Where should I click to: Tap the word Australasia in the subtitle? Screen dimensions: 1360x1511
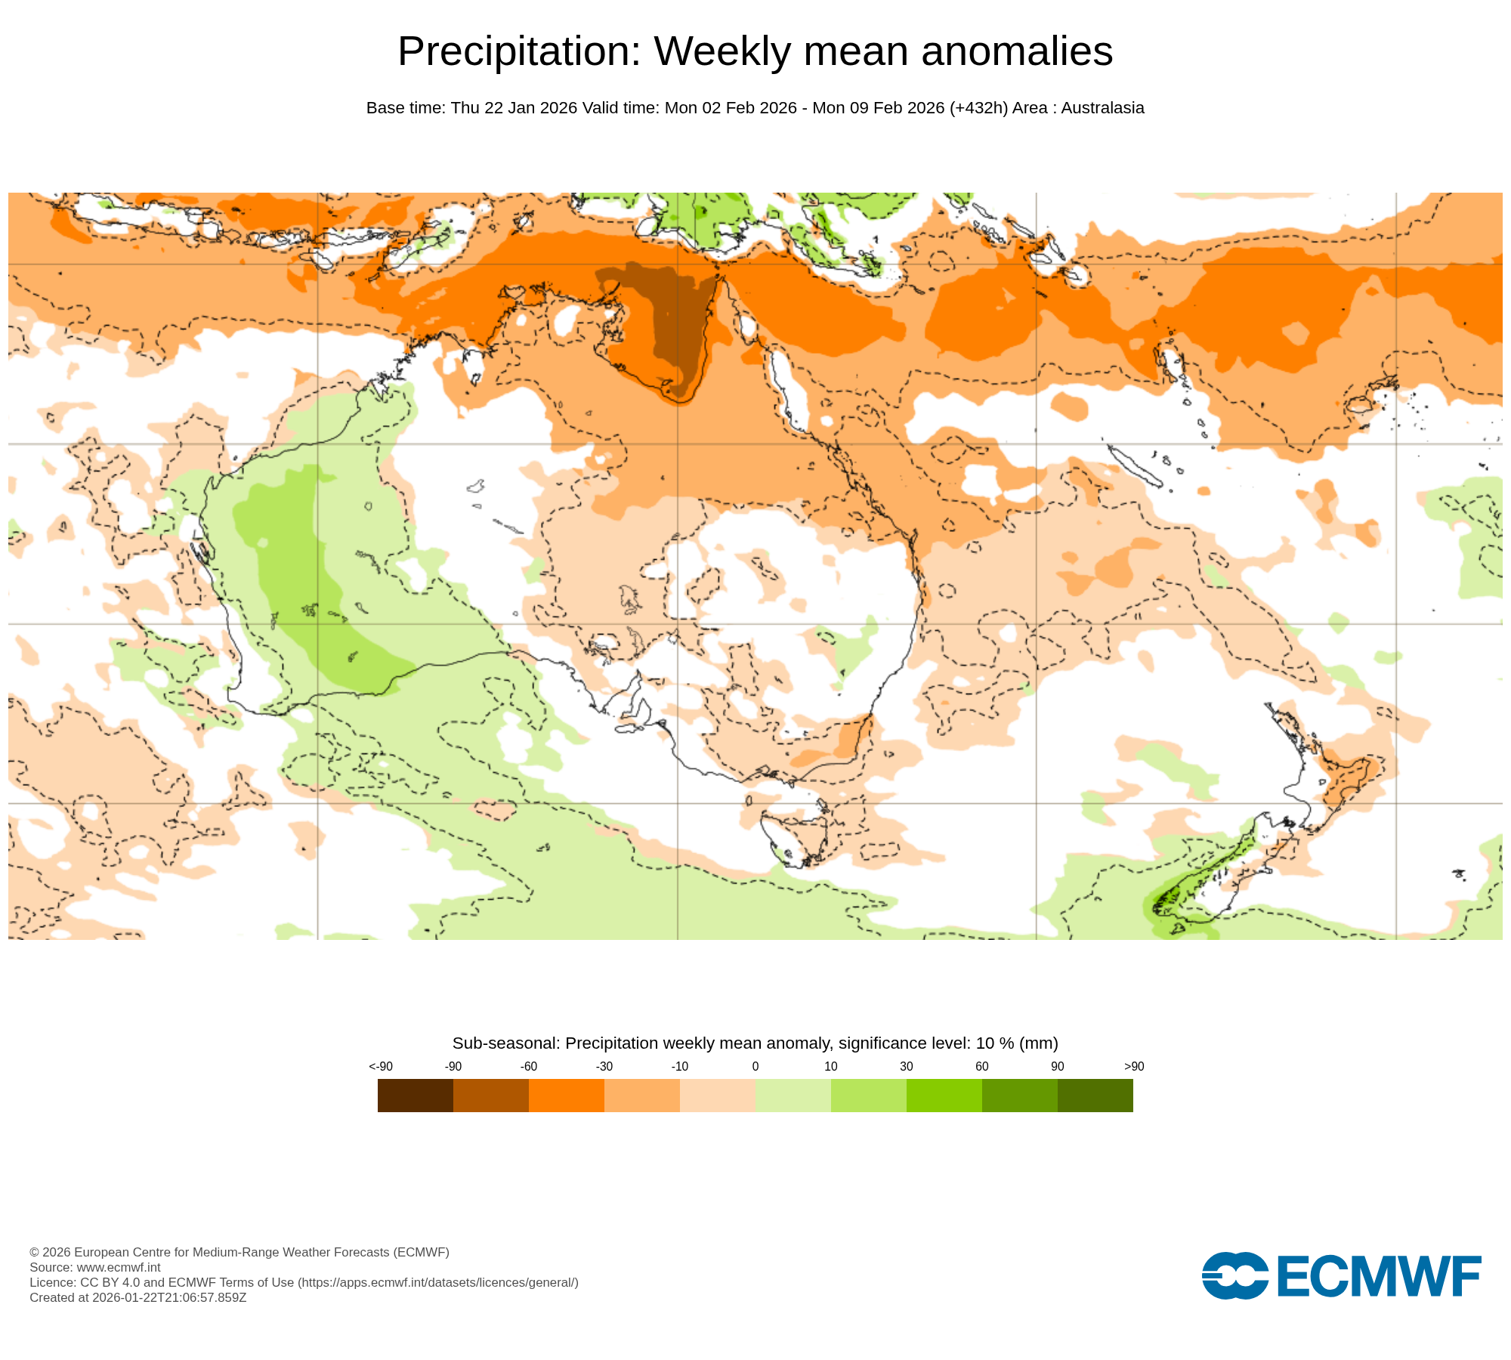1102,108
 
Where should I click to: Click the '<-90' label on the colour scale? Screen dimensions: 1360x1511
381,1066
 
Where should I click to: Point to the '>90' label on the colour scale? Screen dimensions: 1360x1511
1134,1066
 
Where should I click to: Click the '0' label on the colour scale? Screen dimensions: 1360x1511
755,1066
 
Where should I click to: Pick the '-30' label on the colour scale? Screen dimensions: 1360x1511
604,1066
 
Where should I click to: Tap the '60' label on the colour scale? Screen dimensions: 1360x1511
982,1066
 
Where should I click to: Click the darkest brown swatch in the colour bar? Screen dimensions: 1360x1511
416,1095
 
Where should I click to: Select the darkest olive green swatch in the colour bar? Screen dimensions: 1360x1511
1095,1095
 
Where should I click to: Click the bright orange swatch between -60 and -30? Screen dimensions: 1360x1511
567,1095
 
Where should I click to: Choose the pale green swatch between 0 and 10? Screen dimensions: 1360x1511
793,1095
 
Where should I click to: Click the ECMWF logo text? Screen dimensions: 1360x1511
1379,1276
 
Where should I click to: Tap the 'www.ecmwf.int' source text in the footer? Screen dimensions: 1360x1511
119,1267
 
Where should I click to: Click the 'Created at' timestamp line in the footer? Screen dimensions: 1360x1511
138,1297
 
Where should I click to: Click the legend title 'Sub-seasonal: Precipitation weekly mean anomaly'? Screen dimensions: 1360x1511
642,1043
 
